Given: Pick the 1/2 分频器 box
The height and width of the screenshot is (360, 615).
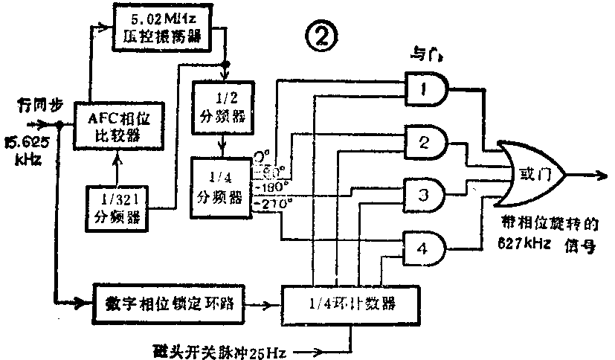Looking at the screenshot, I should [222, 107].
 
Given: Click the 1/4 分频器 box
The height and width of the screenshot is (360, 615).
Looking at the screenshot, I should [222, 187].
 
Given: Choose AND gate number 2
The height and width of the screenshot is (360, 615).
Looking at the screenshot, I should [425, 143].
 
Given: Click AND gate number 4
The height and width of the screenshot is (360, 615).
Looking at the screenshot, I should [425, 249].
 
